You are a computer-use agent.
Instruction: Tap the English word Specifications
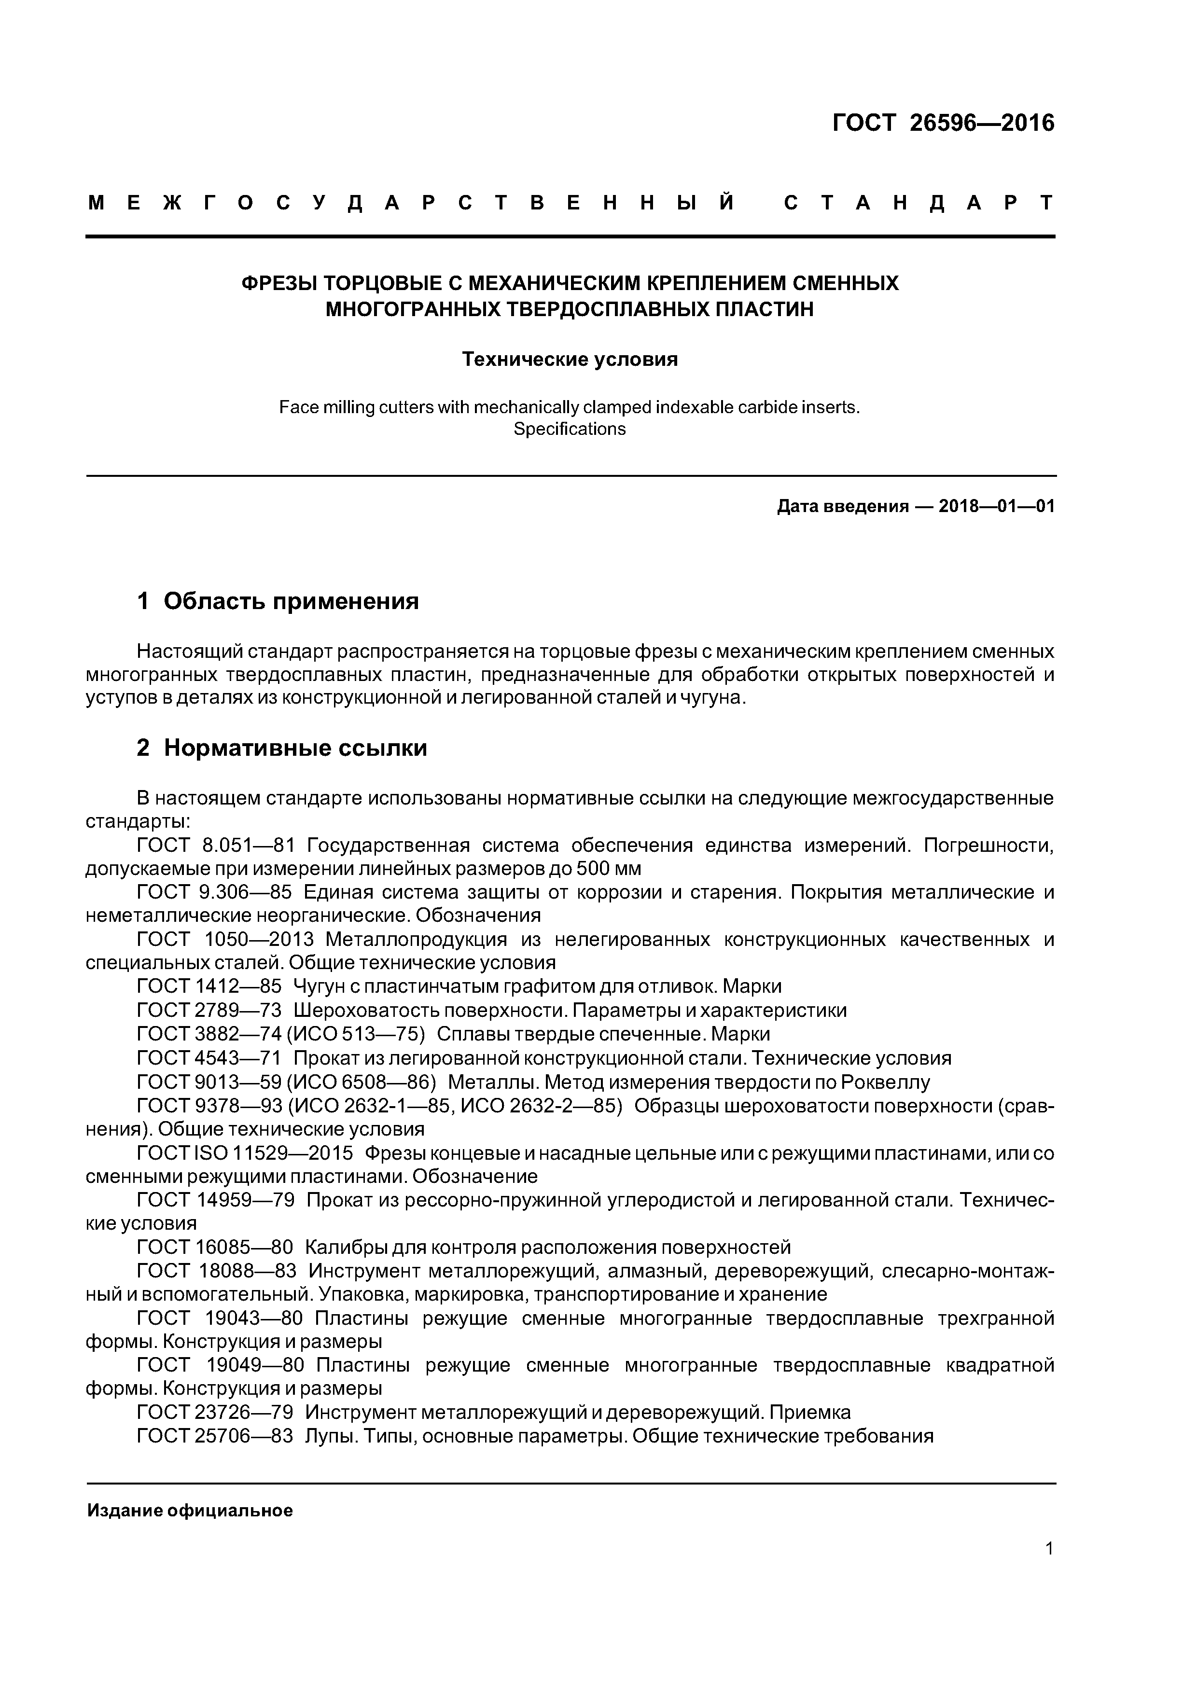coord(570,429)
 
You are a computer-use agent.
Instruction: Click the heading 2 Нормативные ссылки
coord(282,748)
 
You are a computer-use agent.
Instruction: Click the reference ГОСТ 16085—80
coord(215,1248)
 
